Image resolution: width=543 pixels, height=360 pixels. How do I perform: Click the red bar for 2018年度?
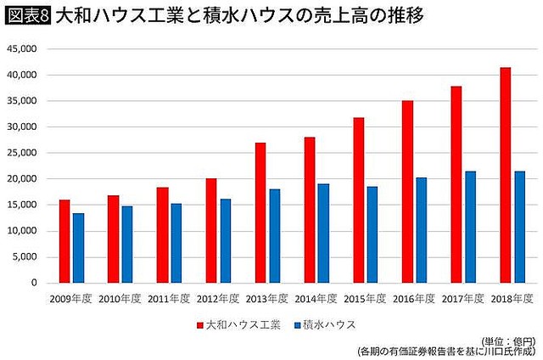coord(506,175)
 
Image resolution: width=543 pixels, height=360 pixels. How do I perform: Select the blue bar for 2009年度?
coord(78,248)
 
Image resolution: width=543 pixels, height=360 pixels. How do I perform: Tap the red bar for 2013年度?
coord(260,212)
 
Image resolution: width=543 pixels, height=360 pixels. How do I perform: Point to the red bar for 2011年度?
coord(162,234)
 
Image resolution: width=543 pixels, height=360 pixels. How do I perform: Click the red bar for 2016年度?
coord(407,191)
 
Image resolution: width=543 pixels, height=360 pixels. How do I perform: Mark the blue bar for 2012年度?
coord(226,240)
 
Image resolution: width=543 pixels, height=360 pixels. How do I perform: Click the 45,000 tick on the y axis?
coord(22,49)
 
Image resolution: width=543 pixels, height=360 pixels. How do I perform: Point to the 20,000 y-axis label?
coord(22,179)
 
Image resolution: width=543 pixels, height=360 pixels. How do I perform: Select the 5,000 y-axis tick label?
coord(25,257)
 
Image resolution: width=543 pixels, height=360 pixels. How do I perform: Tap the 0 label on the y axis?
coord(34,283)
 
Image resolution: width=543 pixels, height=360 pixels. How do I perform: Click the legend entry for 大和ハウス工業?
coord(238,324)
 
